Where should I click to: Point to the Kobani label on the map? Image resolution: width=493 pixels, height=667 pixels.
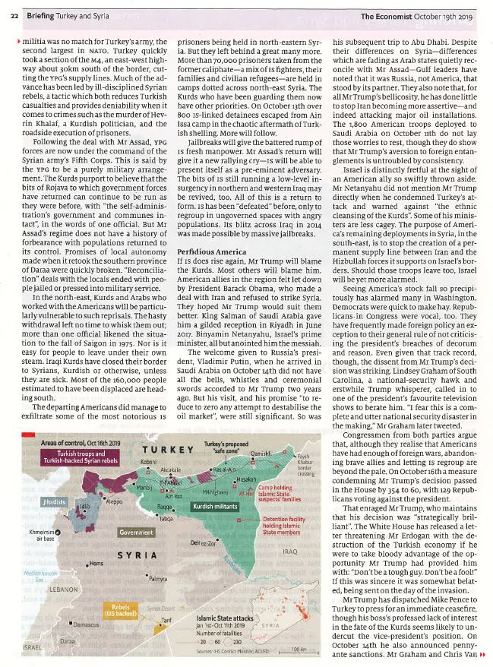click(147, 461)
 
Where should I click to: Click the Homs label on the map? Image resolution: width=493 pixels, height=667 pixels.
click(95, 563)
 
